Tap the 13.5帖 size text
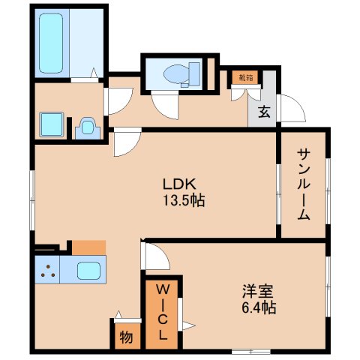click(180, 200)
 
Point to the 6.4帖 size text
click(256, 307)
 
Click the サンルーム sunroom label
click(304, 184)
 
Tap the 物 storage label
click(124, 337)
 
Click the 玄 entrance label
click(265, 112)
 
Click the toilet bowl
click(174, 73)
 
